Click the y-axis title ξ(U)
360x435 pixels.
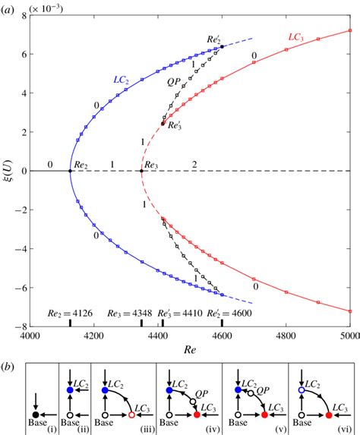pos(8,172)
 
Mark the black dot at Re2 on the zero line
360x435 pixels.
pos(71,171)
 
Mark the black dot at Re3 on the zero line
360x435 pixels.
pos(141,171)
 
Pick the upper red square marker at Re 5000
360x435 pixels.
pos(349,30)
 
